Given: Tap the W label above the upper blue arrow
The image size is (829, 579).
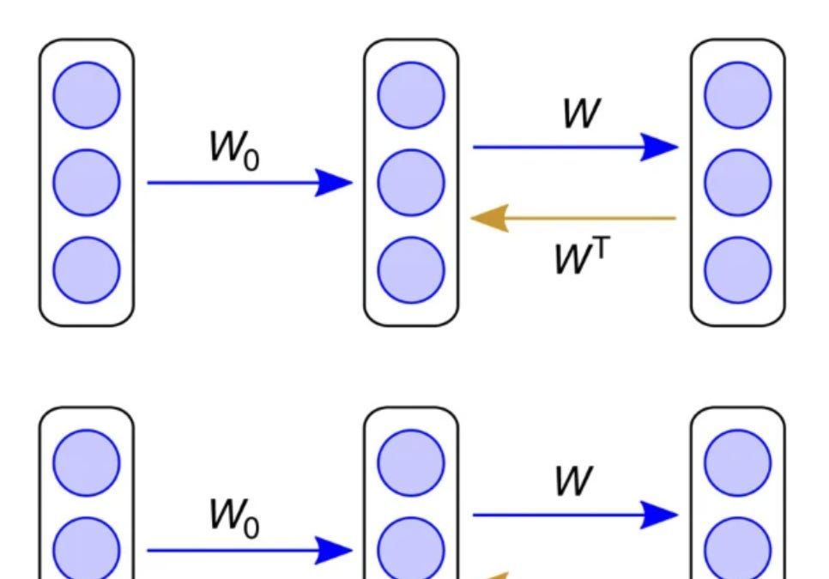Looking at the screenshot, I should coord(580,113).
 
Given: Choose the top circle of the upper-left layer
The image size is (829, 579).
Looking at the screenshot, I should coord(87,94).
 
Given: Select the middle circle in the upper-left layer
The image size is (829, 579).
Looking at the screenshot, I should coord(87,182).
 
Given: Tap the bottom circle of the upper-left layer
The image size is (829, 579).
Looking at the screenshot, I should coord(87,269).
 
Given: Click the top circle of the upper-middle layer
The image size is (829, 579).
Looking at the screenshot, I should coord(412,94).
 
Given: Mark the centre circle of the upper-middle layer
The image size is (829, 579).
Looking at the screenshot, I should coord(412,182).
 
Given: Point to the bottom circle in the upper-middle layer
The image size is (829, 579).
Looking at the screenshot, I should coord(412,269).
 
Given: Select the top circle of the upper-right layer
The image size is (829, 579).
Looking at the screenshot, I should coord(738,94).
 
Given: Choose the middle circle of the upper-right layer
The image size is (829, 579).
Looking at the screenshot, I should coord(738,182).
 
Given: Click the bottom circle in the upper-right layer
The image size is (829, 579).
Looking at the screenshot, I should coord(738,269).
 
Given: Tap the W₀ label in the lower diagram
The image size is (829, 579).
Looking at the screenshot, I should coord(233,517).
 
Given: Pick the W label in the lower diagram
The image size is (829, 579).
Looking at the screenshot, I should coord(573,482).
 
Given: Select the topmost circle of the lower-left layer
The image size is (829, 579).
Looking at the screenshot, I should coord(87,462).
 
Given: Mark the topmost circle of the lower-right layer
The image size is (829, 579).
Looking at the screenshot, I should coord(738,462).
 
